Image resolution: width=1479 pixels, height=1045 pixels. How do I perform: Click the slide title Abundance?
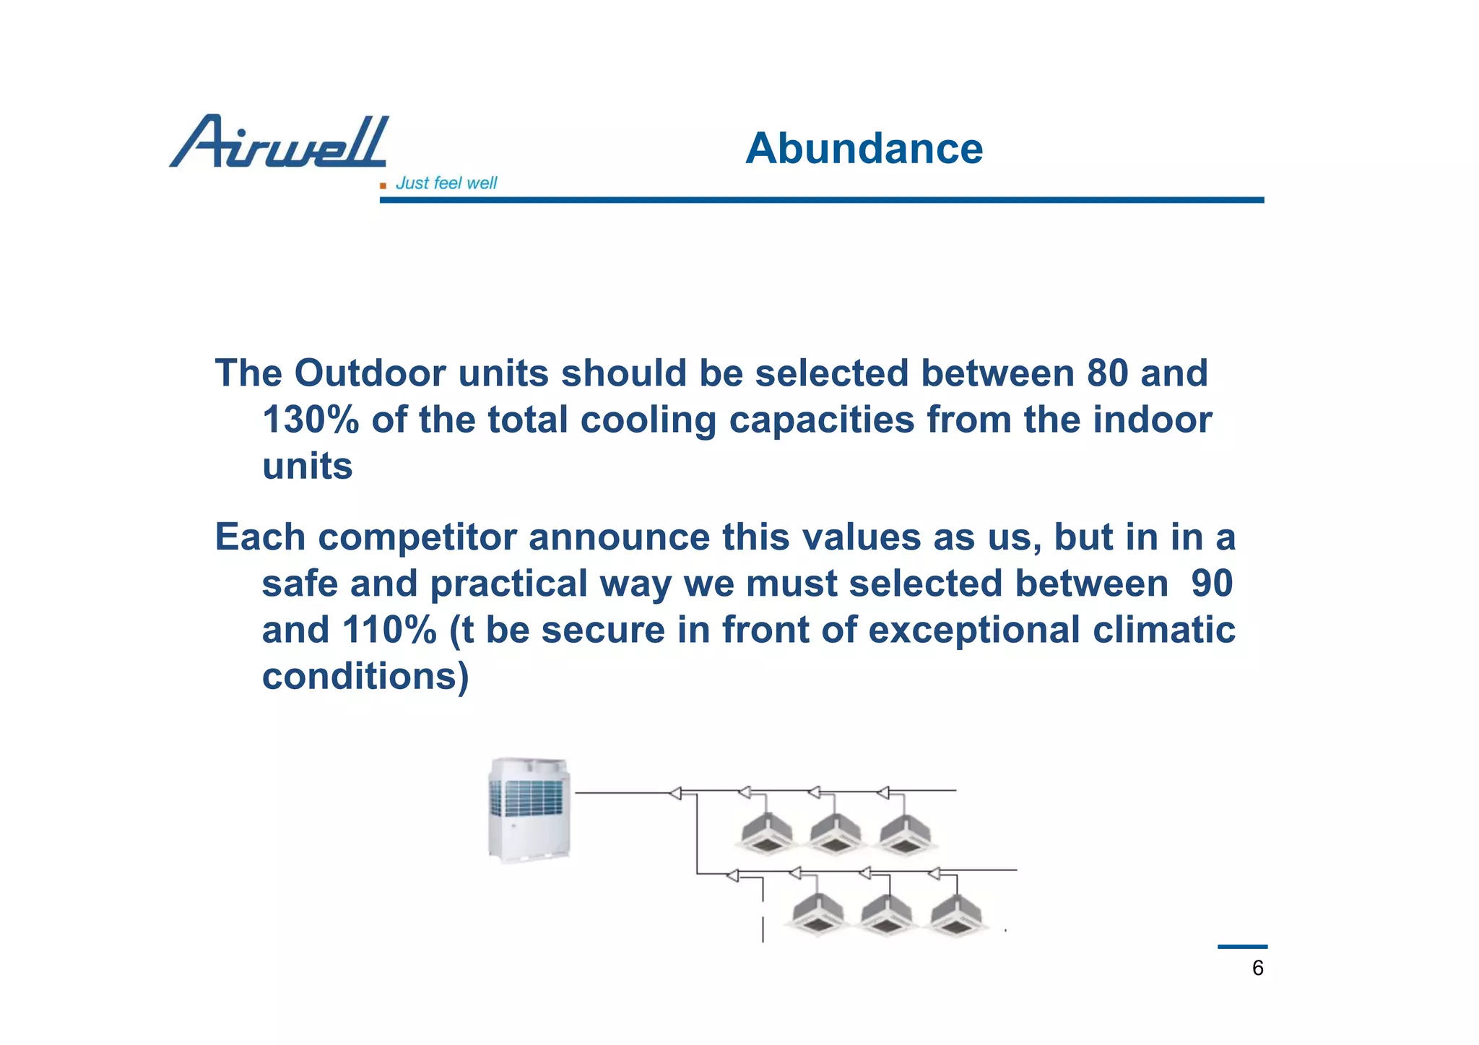[x=864, y=149]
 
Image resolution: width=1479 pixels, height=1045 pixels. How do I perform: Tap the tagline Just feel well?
[x=446, y=183]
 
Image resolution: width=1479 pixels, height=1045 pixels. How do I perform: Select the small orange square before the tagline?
[x=383, y=186]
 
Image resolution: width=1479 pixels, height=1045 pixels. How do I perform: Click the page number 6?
[x=1257, y=968]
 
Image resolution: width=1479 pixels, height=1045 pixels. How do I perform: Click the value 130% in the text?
[x=310, y=420]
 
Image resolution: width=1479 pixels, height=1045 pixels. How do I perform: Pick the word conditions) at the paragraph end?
[x=365, y=677]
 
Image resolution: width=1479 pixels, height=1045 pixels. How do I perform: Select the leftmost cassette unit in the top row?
[x=767, y=833]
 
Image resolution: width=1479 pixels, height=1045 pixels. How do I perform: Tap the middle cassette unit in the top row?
[x=836, y=833]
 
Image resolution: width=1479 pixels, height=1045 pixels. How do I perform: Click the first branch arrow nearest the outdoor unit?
[x=675, y=794]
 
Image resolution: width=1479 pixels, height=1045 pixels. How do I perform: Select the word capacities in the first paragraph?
[x=821, y=420]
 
